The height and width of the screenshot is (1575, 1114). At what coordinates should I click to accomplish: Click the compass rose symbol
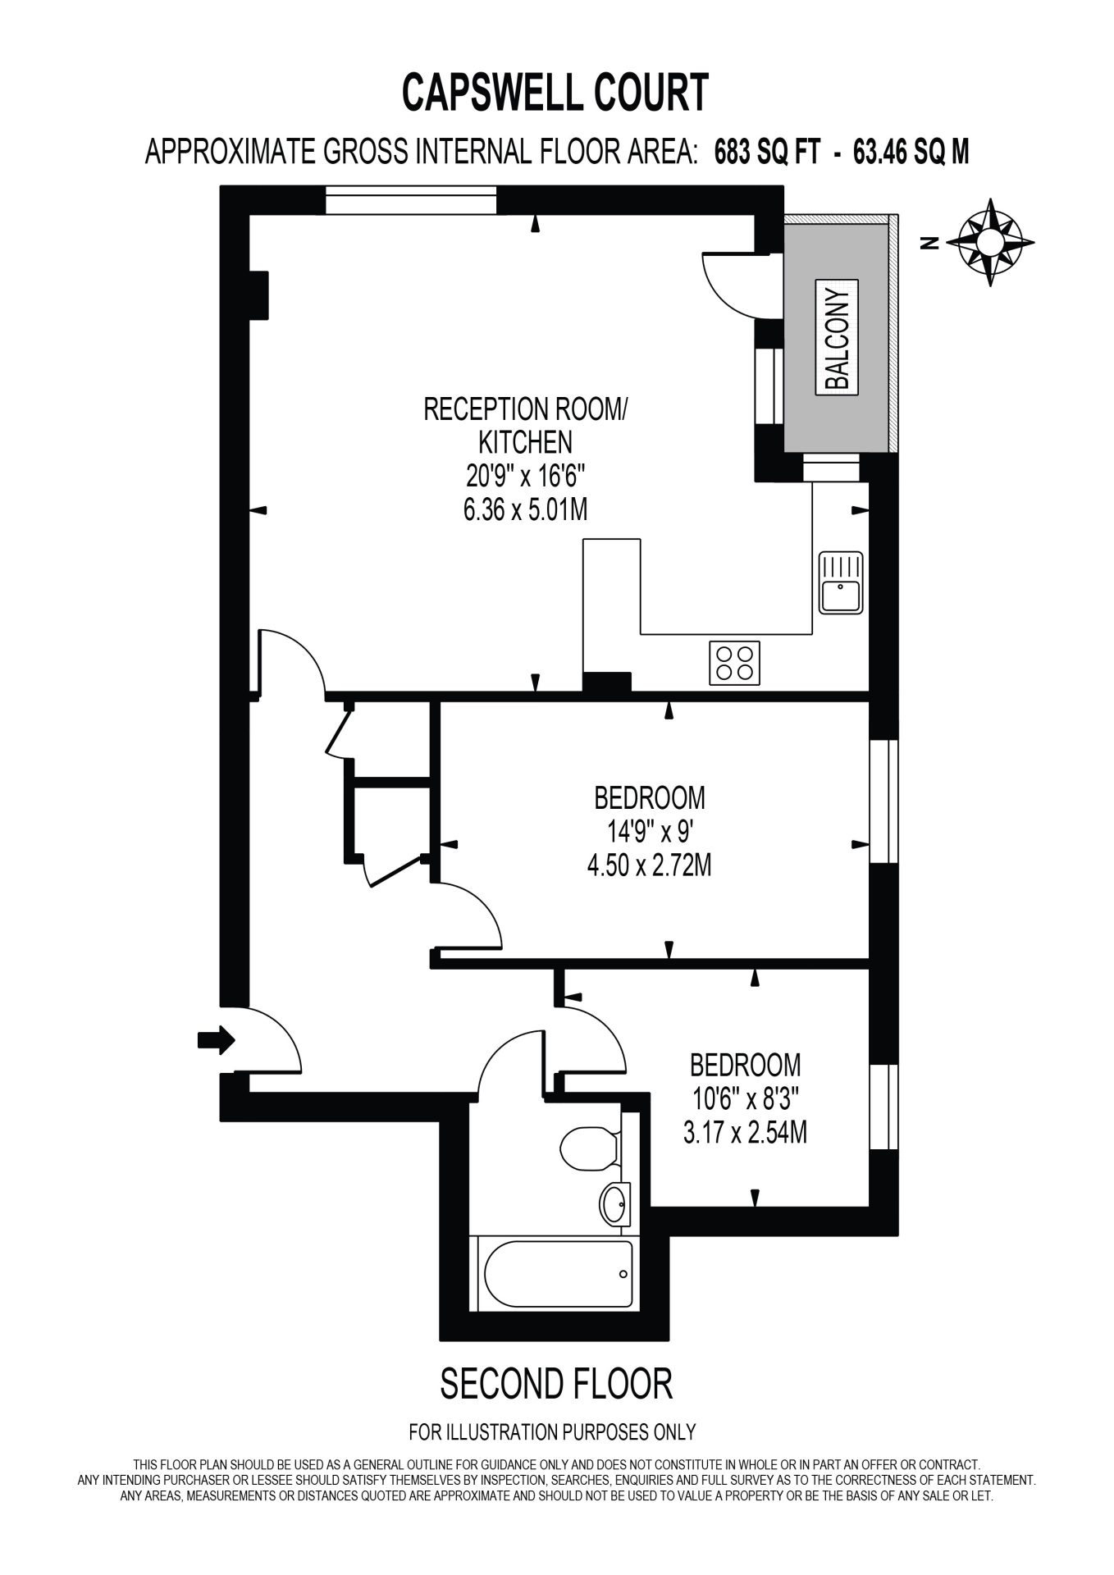point(990,243)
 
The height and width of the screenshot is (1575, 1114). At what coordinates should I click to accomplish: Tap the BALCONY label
point(836,336)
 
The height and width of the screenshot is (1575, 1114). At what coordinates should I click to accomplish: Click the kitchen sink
point(841,582)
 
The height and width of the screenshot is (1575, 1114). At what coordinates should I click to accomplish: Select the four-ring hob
point(734,663)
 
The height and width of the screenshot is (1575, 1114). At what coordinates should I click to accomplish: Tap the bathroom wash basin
point(614,1204)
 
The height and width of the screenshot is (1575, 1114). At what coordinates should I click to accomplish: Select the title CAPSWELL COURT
point(555,92)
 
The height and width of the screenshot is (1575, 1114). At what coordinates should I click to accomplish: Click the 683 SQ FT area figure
point(767,152)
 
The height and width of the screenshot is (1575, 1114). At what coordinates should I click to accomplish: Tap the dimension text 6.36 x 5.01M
point(526,509)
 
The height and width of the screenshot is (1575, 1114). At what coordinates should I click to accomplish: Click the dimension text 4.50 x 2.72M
point(649,865)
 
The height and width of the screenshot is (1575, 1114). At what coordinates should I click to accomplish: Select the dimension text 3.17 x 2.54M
point(745,1133)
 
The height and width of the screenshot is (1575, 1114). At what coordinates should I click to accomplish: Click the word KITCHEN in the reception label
point(525,442)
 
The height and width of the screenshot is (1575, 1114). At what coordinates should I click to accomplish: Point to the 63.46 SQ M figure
point(911,152)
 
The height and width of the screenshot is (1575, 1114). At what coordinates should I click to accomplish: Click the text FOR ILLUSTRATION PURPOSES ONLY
point(552,1432)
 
